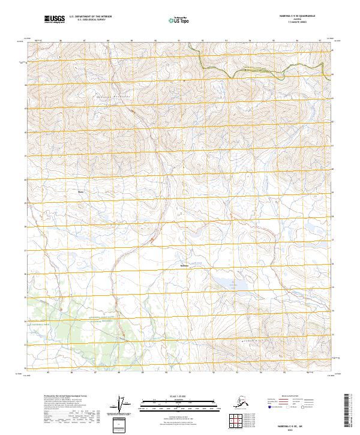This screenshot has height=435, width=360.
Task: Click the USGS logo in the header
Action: (54, 19)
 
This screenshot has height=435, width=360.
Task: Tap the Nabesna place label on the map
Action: (185, 265)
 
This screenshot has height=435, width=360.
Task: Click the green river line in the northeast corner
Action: (252, 71)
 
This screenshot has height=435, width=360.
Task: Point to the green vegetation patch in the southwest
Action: (60, 318)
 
